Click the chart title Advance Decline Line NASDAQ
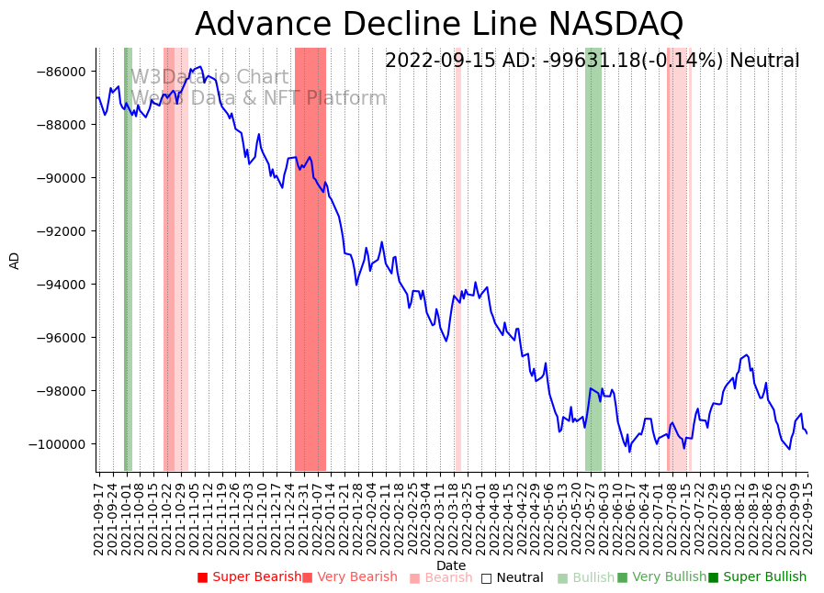(439, 24)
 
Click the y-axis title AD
(15, 260)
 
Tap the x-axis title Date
(451, 565)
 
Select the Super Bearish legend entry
(249, 577)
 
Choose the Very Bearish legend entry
(349, 577)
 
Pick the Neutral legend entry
(512, 577)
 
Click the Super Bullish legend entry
(757, 577)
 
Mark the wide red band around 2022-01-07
(310, 259)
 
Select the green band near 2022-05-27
(593, 259)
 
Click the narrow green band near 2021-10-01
(128, 259)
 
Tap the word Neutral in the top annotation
(764, 62)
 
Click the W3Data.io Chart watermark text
(209, 78)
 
